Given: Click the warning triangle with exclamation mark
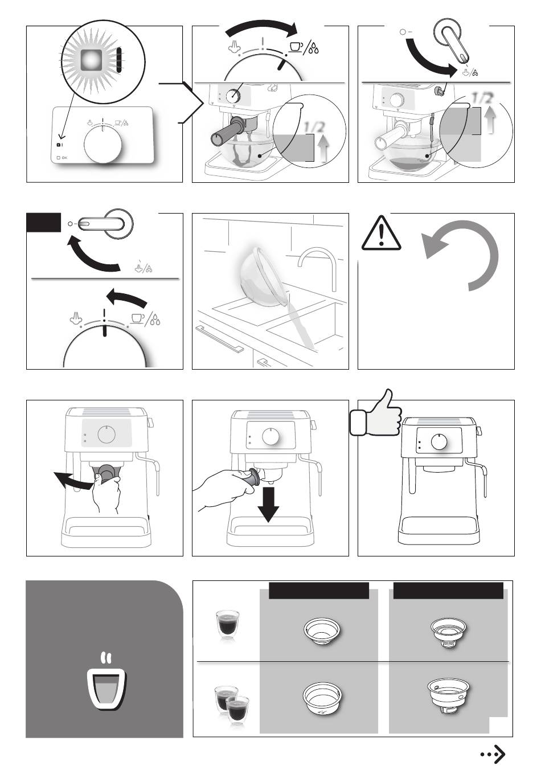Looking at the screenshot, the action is coord(381,233).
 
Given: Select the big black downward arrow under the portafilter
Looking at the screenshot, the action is coord(268,504).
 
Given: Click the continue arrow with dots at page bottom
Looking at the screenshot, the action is coord(493,754).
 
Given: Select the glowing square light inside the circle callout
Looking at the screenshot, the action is coord(91,60).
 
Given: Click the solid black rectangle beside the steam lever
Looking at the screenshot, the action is coord(44,222).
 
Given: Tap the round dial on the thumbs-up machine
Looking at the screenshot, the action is coord(439,441).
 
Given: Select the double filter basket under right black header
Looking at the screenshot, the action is coord(449,697).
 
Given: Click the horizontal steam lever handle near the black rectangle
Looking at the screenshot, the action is coord(101,223).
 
